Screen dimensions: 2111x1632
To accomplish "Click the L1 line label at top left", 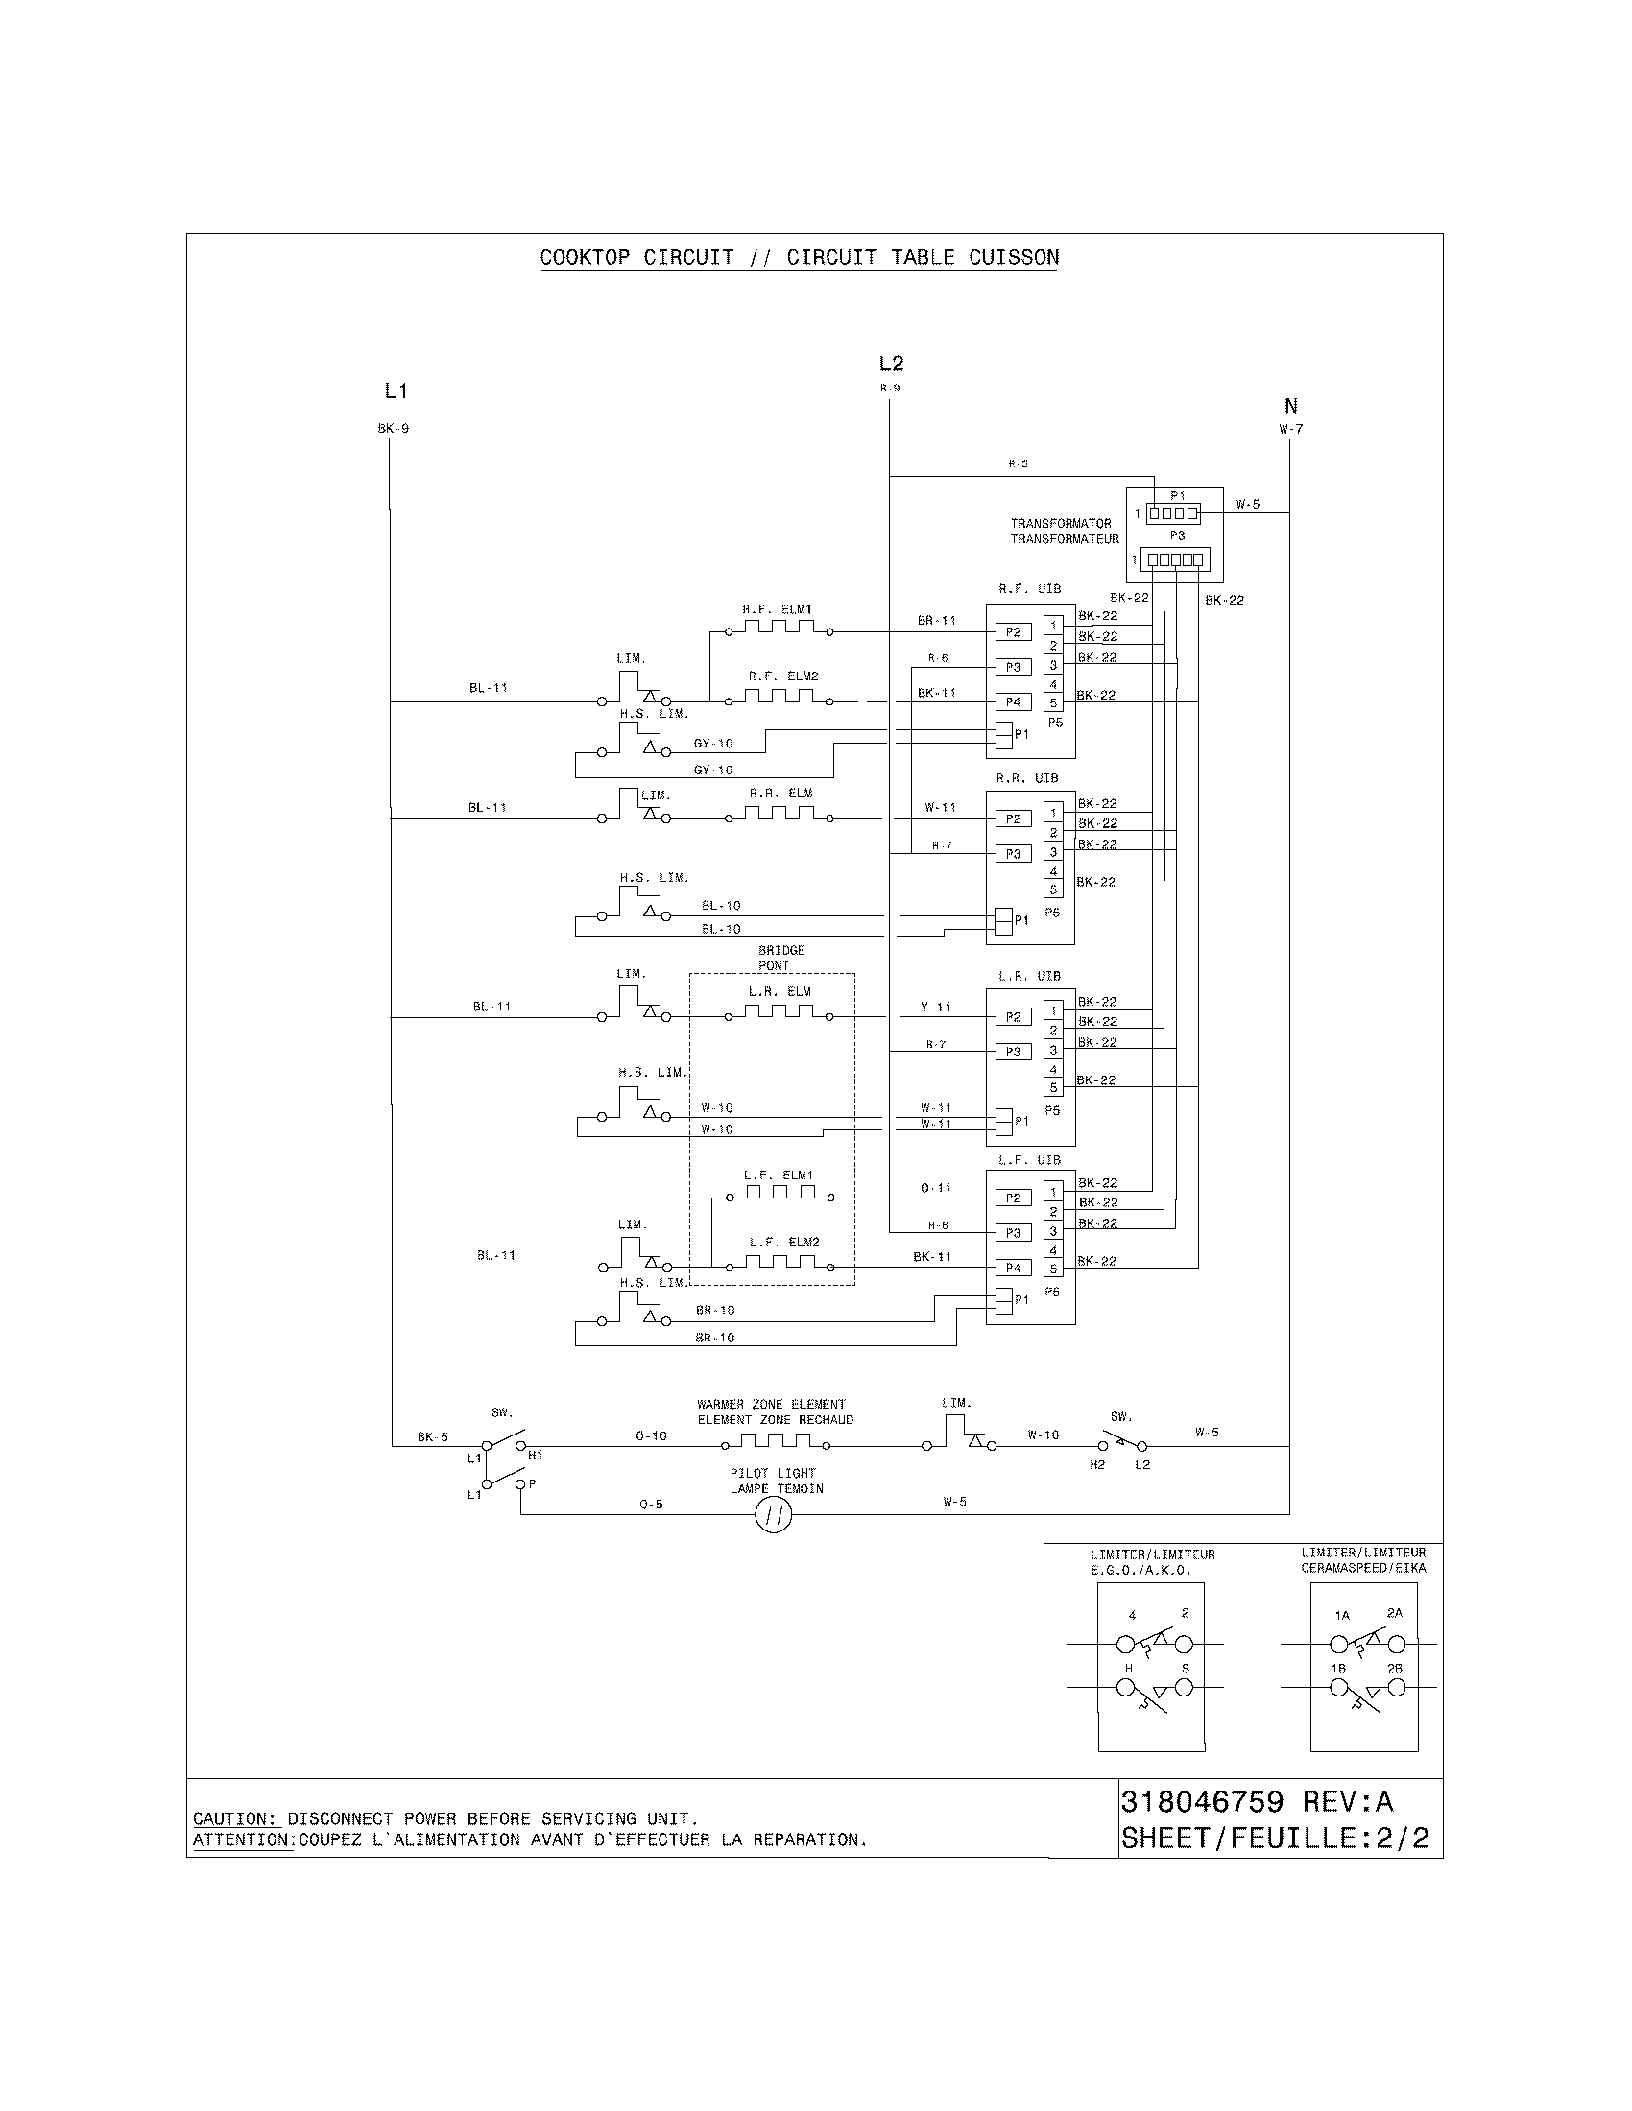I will click(x=396, y=391).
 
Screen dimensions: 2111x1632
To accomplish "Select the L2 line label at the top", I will click(x=891, y=364).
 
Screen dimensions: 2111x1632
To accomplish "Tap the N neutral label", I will click(x=1289, y=406).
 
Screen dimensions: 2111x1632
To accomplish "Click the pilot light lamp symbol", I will click(x=773, y=1516).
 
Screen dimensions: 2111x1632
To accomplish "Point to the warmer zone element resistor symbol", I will click(x=776, y=1442).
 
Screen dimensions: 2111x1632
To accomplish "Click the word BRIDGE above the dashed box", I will click(x=781, y=951).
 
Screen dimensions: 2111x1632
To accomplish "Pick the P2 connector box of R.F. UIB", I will click(x=1013, y=632).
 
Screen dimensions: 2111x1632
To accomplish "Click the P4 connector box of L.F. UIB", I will click(x=1013, y=1268).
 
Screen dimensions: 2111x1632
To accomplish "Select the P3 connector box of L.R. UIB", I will click(x=1013, y=1052).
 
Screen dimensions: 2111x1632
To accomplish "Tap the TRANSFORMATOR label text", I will click(x=1062, y=524).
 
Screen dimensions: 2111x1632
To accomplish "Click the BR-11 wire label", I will click(x=936, y=621).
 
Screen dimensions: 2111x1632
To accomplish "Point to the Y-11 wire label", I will click(x=936, y=1008).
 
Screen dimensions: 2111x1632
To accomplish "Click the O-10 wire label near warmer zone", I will click(x=651, y=1436).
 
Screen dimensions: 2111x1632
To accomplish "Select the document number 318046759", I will click(x=1202, y=1803).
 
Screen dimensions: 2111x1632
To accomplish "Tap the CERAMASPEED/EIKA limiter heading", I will click(x=1363, y=1569).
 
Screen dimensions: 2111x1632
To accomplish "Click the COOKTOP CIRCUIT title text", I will click(x=636, y=258).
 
